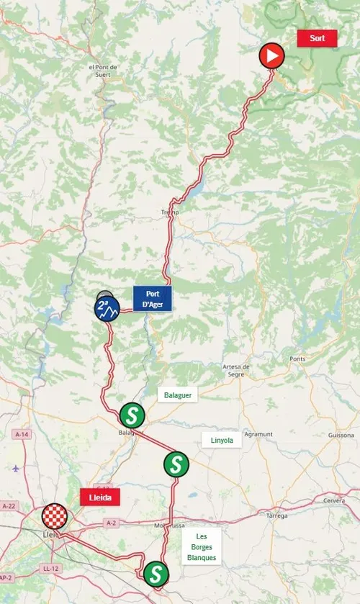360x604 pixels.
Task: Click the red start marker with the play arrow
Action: tap(271, 55)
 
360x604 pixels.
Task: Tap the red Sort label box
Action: tap(317, 39)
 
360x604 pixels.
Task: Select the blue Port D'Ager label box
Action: tap(152, 299)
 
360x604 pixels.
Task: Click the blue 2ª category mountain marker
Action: tap(107, 308)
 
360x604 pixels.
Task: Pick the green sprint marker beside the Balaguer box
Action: tap(132, 415)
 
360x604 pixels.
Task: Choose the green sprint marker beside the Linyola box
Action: tap(176, 464)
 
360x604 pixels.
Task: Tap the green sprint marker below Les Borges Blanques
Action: tap(156, 574)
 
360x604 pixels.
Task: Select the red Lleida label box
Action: tap(99, 497)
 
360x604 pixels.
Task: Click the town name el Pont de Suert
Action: tap(102, 71)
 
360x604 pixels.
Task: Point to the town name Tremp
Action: tap(170, 213)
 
